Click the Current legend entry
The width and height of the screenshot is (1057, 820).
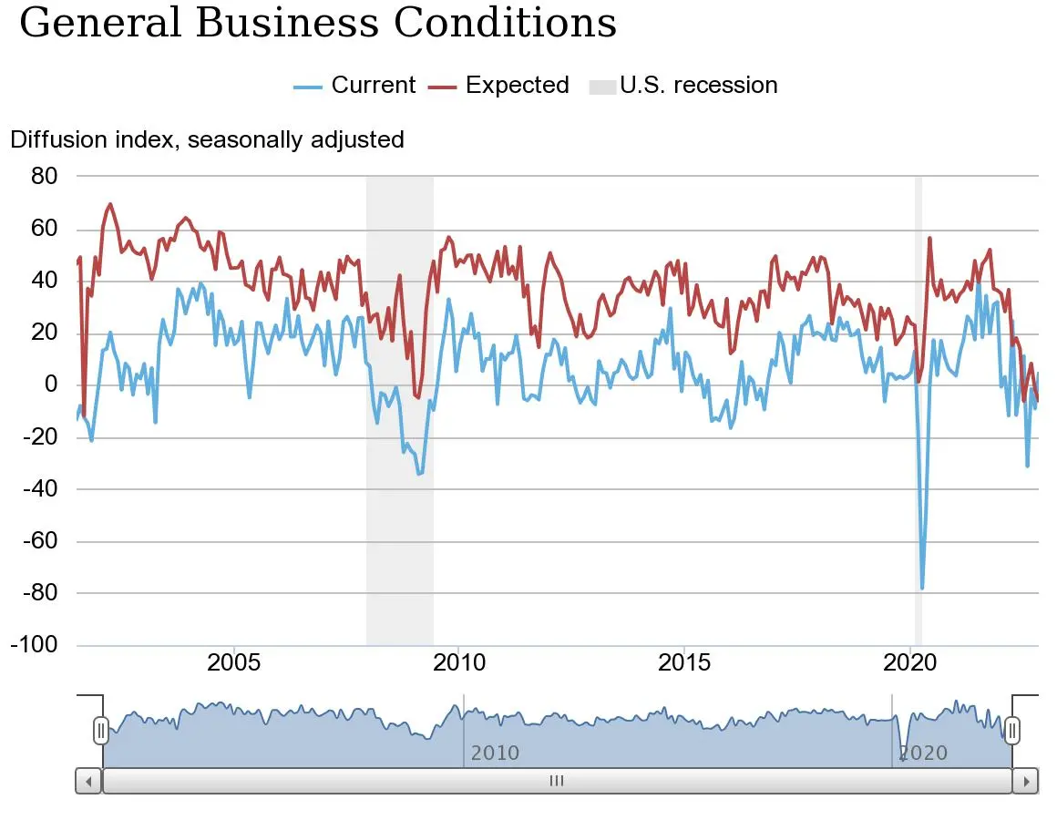[x=355, y=86]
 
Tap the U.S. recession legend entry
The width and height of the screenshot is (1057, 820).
[x=683, y=86]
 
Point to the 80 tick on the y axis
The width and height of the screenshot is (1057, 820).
[x=44, y=176]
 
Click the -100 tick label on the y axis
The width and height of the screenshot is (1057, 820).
[x=34, y=645]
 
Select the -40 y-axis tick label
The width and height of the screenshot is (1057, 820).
[x=38, y=488]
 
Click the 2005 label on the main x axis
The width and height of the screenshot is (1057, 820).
[x=234, y=662]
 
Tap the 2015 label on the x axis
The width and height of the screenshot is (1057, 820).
[x=684, y=662]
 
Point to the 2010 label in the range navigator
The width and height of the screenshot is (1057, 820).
[x=495, y=753]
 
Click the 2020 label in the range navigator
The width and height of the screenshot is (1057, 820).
[x=923, y=753]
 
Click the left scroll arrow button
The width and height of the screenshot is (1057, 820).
[x=88, y=781]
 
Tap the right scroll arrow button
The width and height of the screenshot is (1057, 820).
[x=1025, y=781]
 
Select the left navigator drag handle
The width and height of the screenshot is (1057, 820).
[x=101, y=730]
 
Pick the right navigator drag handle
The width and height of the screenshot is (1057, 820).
[x=1011, y=730]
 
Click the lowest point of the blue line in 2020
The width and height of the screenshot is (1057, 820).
[x=922, y=588]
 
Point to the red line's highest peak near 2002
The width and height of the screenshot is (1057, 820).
[x=110, y=204]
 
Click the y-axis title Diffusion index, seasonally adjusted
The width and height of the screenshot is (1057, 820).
[x=207, y=139]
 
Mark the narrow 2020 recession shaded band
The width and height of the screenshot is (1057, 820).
[x=918, y=410]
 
